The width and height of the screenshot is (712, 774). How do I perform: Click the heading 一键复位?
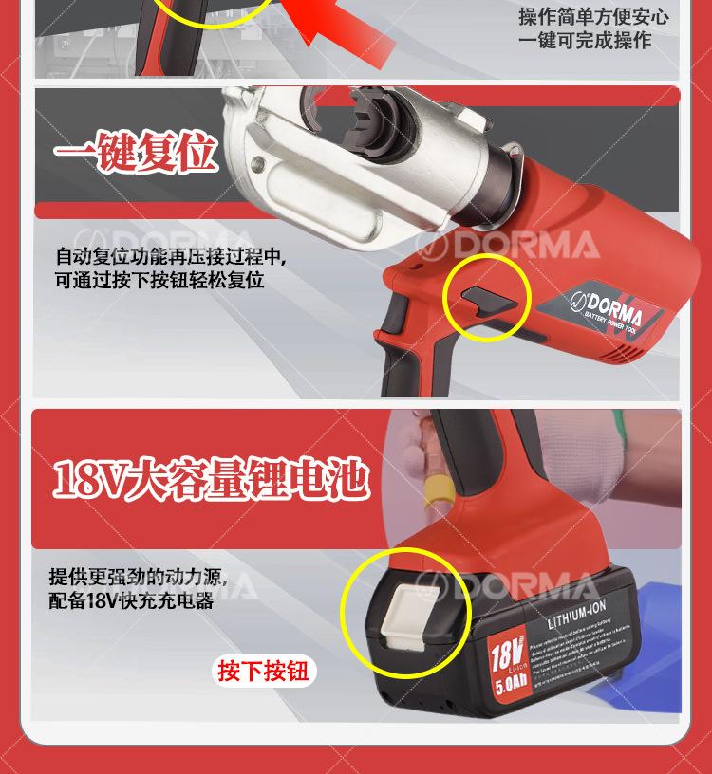coord(136,154)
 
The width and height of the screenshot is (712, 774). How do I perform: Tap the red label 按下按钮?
coord(263,672)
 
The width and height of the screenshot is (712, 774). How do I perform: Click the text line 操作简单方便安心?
coord(593,16)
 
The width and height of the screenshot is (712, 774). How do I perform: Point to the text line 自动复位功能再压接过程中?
coord(171,257)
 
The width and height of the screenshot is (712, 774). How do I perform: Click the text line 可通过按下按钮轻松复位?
coord(159,281)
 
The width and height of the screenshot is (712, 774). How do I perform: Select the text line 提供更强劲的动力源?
coord(139,577)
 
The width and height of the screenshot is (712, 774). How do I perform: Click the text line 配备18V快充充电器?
coord(132,600)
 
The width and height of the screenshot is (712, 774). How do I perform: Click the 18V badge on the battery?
coord(508,655)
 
